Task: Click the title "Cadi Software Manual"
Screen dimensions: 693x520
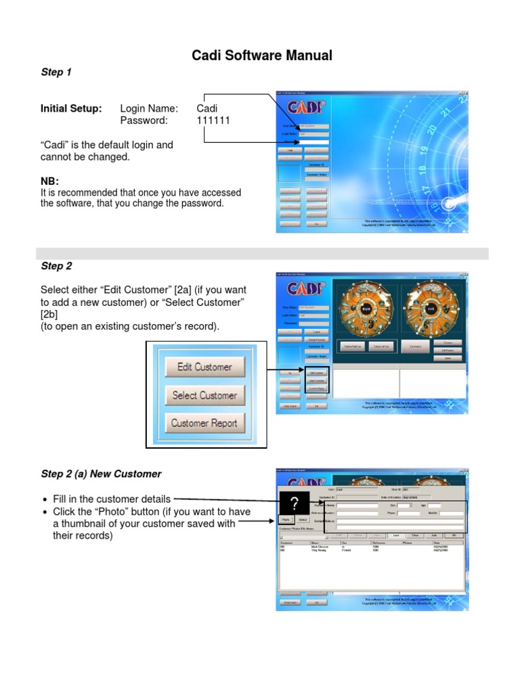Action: click(x=262, y=55)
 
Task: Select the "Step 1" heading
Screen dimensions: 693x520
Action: click(x=56, y=72)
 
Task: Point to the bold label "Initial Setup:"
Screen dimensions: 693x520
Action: click(x=71, y=108)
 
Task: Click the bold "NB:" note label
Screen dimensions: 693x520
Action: click(x=49, y=181)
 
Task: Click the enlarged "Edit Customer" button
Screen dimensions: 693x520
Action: click(x=204, y=367)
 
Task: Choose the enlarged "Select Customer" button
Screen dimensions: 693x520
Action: click(x=204, y=395)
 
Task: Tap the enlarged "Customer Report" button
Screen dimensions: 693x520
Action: click(x=204, y=424)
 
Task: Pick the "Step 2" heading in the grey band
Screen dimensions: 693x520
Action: click(x=56, y=266)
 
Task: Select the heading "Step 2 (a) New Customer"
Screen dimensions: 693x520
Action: click(x=101, y=474)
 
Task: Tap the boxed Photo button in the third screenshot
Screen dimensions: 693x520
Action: click(x=286, y=520)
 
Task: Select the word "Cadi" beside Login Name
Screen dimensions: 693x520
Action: click(x=207, y=108)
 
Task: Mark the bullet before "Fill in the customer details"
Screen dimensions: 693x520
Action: click(x=45, y=499)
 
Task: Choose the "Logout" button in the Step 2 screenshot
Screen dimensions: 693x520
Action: click(x=316, y=332)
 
